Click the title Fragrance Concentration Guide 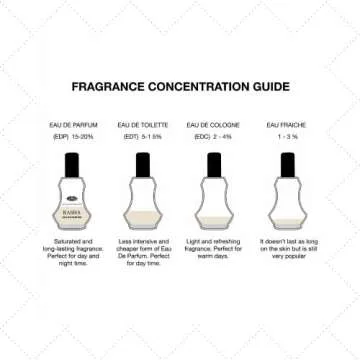180,86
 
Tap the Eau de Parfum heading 69,123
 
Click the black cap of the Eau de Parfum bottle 70,162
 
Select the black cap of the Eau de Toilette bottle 140,162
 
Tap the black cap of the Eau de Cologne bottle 211,162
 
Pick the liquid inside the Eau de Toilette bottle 140,222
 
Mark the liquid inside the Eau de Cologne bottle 211,226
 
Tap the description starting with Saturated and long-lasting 70,253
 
